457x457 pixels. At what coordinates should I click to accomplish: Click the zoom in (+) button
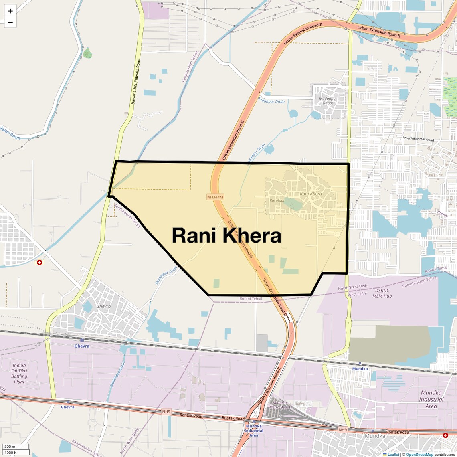click(10, 11)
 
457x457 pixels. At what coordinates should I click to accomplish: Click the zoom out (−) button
click(10, 22)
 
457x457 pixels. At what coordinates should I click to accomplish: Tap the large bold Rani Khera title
click(226, 236)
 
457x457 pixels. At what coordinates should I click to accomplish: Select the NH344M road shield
click(215, 197)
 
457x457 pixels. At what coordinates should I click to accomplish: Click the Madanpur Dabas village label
click(328, 101)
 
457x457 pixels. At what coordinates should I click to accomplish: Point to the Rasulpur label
click(277, 200)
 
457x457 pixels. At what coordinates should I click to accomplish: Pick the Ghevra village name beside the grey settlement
click(103, 306)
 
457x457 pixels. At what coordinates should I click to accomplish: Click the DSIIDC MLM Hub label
click(383, 293)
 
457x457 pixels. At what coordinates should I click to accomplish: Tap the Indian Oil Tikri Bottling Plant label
click(19, 373)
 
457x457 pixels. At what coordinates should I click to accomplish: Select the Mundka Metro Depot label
click(279, 405)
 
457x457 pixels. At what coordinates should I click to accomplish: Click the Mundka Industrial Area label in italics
click(431, 399)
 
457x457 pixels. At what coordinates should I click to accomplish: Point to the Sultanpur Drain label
click(271, 101)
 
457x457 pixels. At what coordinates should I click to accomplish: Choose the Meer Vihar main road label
click(418, 139)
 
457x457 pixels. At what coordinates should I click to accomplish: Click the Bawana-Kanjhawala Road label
click(136, 82)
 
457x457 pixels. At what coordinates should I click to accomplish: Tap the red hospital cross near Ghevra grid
click(39, 262)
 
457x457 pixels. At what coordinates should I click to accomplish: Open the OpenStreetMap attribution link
click(419, 454)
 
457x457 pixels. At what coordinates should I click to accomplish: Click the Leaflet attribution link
click(393, 454)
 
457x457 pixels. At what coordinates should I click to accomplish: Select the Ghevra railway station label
click(82, 346)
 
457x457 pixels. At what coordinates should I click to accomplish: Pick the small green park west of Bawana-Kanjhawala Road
click(87, 53)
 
